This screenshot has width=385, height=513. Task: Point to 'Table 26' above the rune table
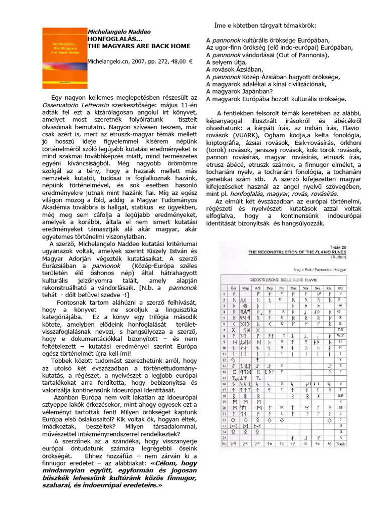pos(338,247)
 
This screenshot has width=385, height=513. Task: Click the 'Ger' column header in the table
pos(233,289)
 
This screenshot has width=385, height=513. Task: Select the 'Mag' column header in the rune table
pos(246,289)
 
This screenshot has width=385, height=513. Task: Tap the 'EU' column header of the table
pos(341,289)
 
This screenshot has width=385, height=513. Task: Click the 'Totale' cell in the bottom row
pos(341,444)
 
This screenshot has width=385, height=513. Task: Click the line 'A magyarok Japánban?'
pos(241,92)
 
